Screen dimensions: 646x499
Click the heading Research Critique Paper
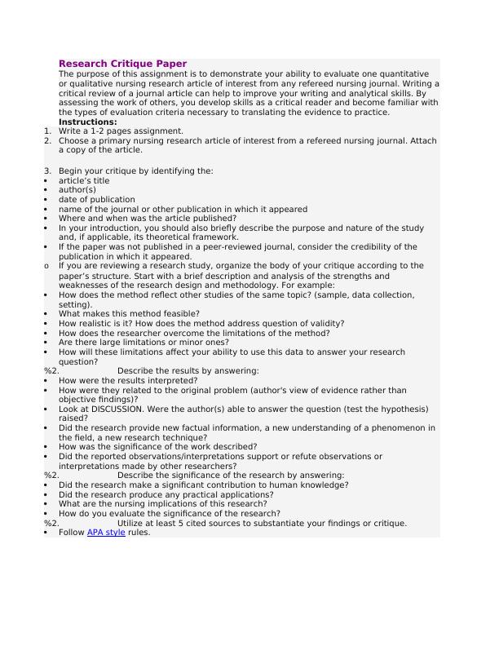pos(122,64)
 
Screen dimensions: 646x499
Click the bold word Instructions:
pos(87,122)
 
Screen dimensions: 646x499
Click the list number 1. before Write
pos(48,131)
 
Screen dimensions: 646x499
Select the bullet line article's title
pos(83,181)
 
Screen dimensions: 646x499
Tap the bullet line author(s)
pos(77,190)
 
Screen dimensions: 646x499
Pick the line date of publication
pos(96,199)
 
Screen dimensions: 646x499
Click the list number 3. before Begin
pos(48,171)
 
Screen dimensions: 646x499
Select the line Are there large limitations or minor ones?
pos(144,343)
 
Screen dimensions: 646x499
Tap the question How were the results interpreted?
pos(128,380)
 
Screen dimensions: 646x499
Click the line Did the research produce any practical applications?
pos(166,494)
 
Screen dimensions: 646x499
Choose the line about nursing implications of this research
pos(163,504)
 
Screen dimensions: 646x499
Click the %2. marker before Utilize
pos(51,524)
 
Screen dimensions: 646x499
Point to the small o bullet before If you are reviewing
pos(46,266)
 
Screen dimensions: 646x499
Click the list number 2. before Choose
pos(48,140)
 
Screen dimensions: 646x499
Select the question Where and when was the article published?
pos(148,219)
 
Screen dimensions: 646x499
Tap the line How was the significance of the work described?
pos(157,447)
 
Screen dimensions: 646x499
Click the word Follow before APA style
pos(72,533)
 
